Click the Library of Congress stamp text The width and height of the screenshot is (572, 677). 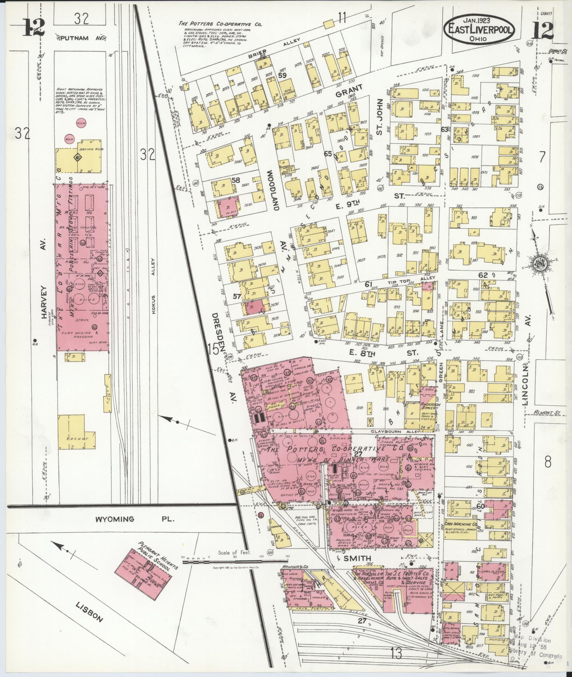(537, 656)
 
